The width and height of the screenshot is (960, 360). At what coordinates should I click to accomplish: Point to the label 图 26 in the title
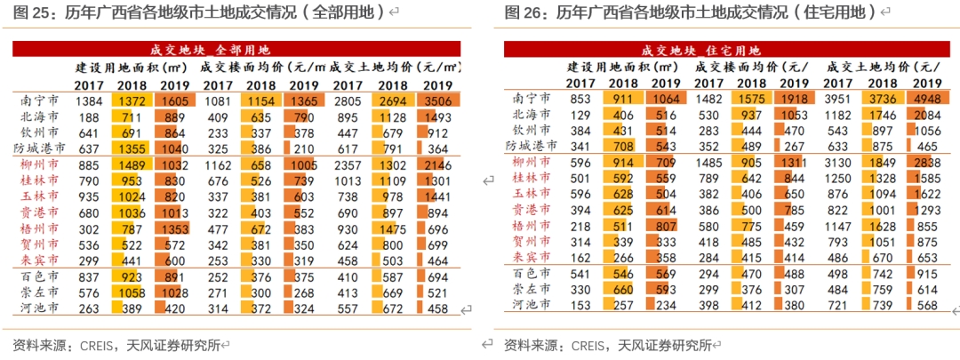pos(521,12)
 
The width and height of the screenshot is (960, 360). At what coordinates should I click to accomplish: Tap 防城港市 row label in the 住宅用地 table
pos(531,146)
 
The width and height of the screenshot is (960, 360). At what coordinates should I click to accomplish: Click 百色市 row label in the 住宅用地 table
pos(531,273)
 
